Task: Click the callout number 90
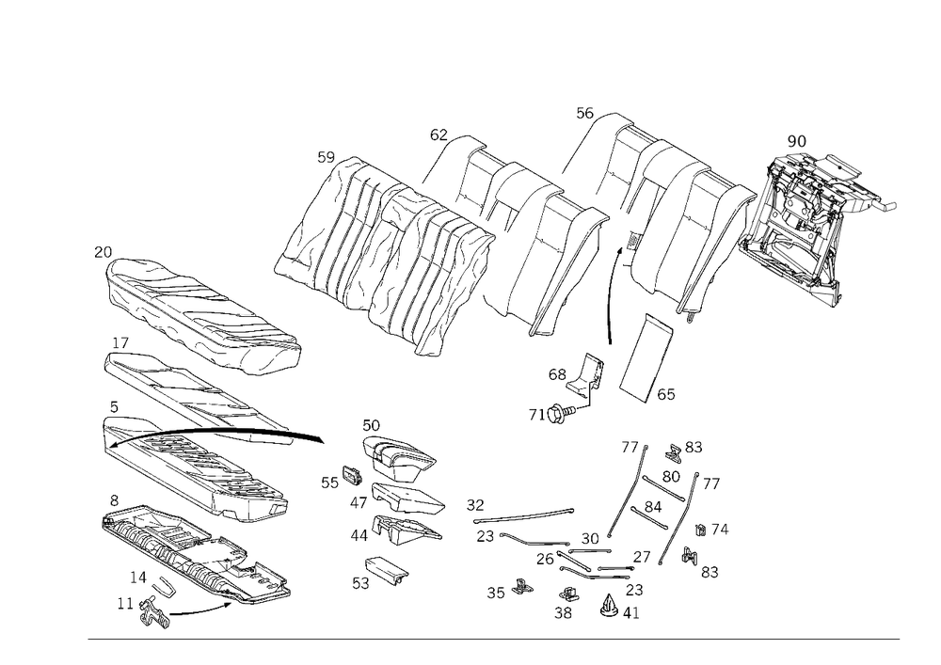coord(796,141)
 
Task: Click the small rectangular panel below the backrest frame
coord(647,357)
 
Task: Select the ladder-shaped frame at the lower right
coord(659,508)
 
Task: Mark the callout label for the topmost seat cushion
coord(104,251)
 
